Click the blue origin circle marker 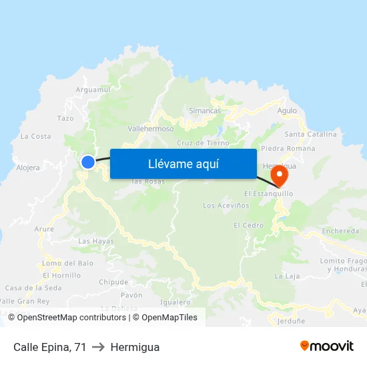pos(88,161)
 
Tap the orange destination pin pos(278,176)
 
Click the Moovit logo pos(326,346)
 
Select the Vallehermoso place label pos(150,129)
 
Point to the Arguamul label pos(93,89)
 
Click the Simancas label pos(204,111)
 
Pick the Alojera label pos(28,167)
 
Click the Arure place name pos(44,229)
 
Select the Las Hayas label pos(96,241)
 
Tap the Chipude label pos(113,282)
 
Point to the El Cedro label pos(248,226)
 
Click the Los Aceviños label pos(226,206)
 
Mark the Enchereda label pos(340,231)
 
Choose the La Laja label pos(287,276)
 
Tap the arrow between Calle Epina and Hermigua pos(98,347)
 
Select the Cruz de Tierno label pos(203,143)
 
